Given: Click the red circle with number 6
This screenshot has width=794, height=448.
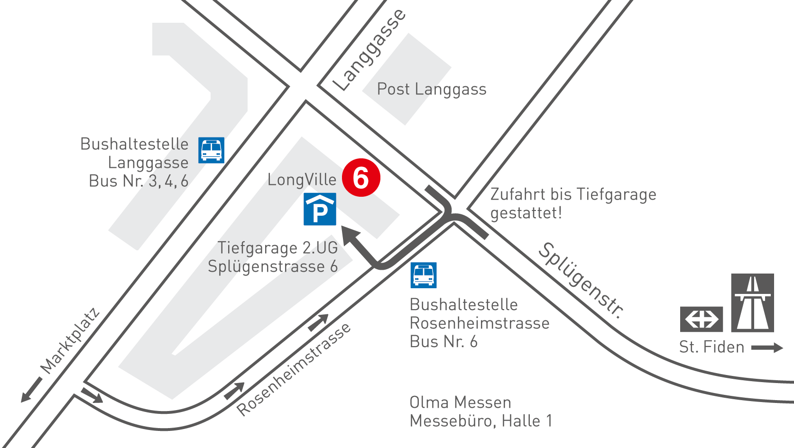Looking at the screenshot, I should [x=361, y=178].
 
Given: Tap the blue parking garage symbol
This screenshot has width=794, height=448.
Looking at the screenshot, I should [x=320, y=209].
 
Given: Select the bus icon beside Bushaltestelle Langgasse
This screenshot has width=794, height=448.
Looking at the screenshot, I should [x=211, y=150].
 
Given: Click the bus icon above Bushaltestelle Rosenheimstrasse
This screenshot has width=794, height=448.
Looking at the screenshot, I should [x=424, y=275].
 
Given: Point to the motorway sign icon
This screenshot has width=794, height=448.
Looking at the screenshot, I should [x=752, y=303].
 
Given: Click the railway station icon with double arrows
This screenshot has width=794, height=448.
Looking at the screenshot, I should [x=701, y=319].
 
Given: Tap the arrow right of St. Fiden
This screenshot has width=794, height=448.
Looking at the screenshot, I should [x=766, y=348].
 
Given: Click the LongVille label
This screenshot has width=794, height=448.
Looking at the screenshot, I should [x=302, y=180].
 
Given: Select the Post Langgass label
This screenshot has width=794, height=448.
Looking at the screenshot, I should [x=432, y=89].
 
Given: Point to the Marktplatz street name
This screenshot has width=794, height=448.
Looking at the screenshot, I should [x=70, y=341].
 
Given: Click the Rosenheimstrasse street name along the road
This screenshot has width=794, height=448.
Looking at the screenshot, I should [x=294, y=369].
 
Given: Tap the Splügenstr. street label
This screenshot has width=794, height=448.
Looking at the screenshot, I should [x=581, y=280].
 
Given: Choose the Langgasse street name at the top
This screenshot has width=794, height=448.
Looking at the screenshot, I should [x=369, y=49].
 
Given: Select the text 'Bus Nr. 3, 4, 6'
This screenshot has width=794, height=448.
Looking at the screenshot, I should [x=138, y=181].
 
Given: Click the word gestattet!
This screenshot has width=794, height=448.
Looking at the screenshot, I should [x=526, y=213].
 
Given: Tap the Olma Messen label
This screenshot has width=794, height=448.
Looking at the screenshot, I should [x=460, y=402].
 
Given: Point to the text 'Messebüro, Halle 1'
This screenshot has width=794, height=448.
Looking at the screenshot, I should [x=481, y=421].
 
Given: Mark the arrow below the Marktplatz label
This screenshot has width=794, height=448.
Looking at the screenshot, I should [x=31, y=389].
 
